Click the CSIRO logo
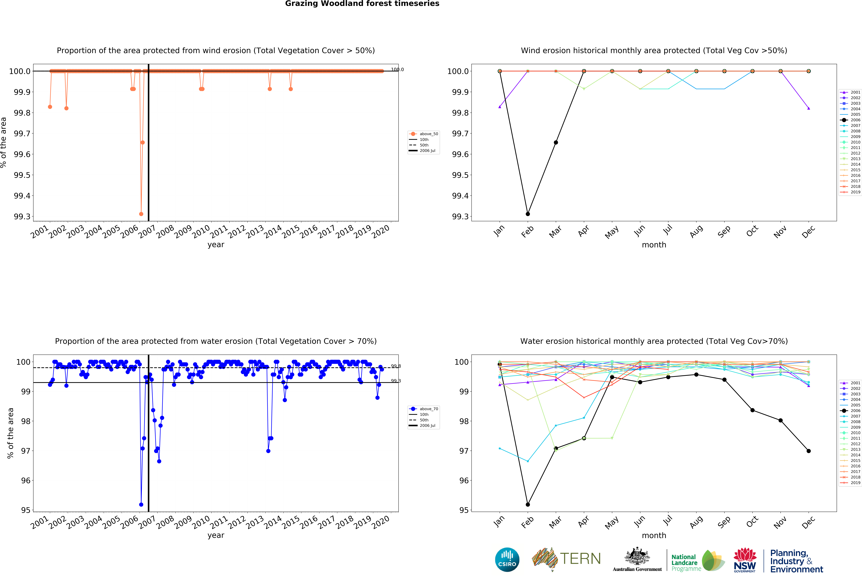click(507, 559)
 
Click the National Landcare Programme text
click(686, 562)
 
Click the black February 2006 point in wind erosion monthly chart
click(528, 214)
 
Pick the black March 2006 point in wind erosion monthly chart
click(556, 142)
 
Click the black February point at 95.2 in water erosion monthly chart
click(528, 505)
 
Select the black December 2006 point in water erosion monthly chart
click(809, 451)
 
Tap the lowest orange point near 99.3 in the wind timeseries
click(141, 214)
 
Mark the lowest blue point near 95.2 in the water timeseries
click(141, 505)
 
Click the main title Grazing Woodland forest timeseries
click(362, 4)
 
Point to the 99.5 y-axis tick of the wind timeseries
click(22, 175)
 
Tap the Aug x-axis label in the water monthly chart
click(696, 522)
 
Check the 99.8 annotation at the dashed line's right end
click(396, 366)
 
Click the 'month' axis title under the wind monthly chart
click(654, 245)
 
